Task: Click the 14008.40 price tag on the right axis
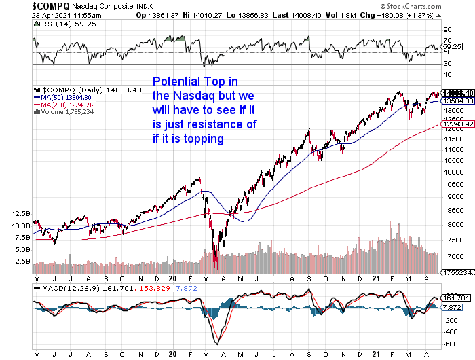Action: pyautogui.click(x=457, y=92)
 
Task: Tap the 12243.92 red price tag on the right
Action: pyautogui.click(x=456, y=125)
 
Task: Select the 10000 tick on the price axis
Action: pyautogui.click(x=453, y=173)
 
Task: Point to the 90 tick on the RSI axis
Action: pyautogui.click(x=446, y=31)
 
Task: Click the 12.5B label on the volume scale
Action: pyautogui.click(x=21, y=213)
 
